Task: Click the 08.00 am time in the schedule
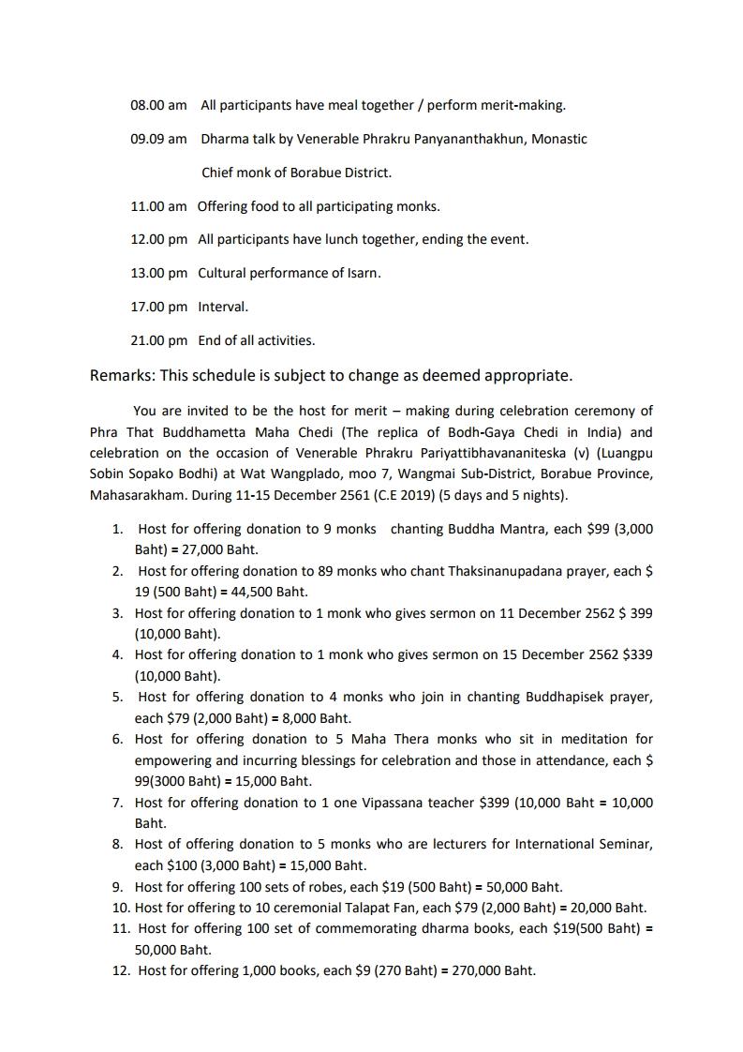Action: [157, 105]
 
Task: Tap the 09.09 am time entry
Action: [157, 139]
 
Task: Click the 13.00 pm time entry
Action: [158, 273]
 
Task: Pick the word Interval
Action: [222, 307]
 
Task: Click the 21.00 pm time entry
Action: [158, 340]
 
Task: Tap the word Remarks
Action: [122, 375]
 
